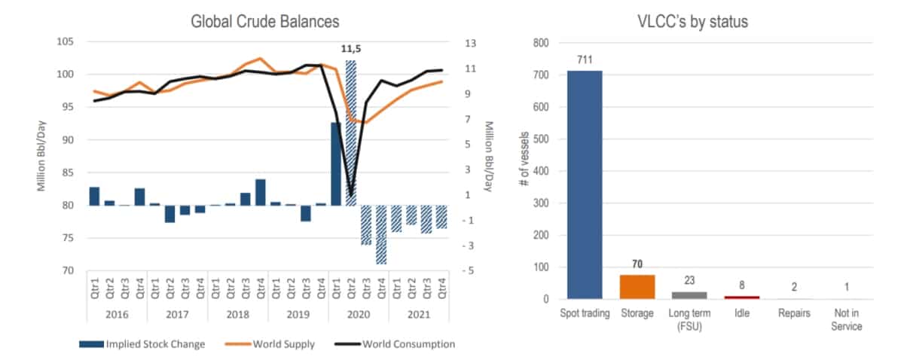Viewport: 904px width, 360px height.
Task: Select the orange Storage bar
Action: [637, 287]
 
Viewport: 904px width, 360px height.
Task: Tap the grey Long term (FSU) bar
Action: [689, 295]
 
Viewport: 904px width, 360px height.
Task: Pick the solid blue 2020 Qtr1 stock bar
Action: [335, 163]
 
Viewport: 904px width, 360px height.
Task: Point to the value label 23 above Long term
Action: [689, 280]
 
